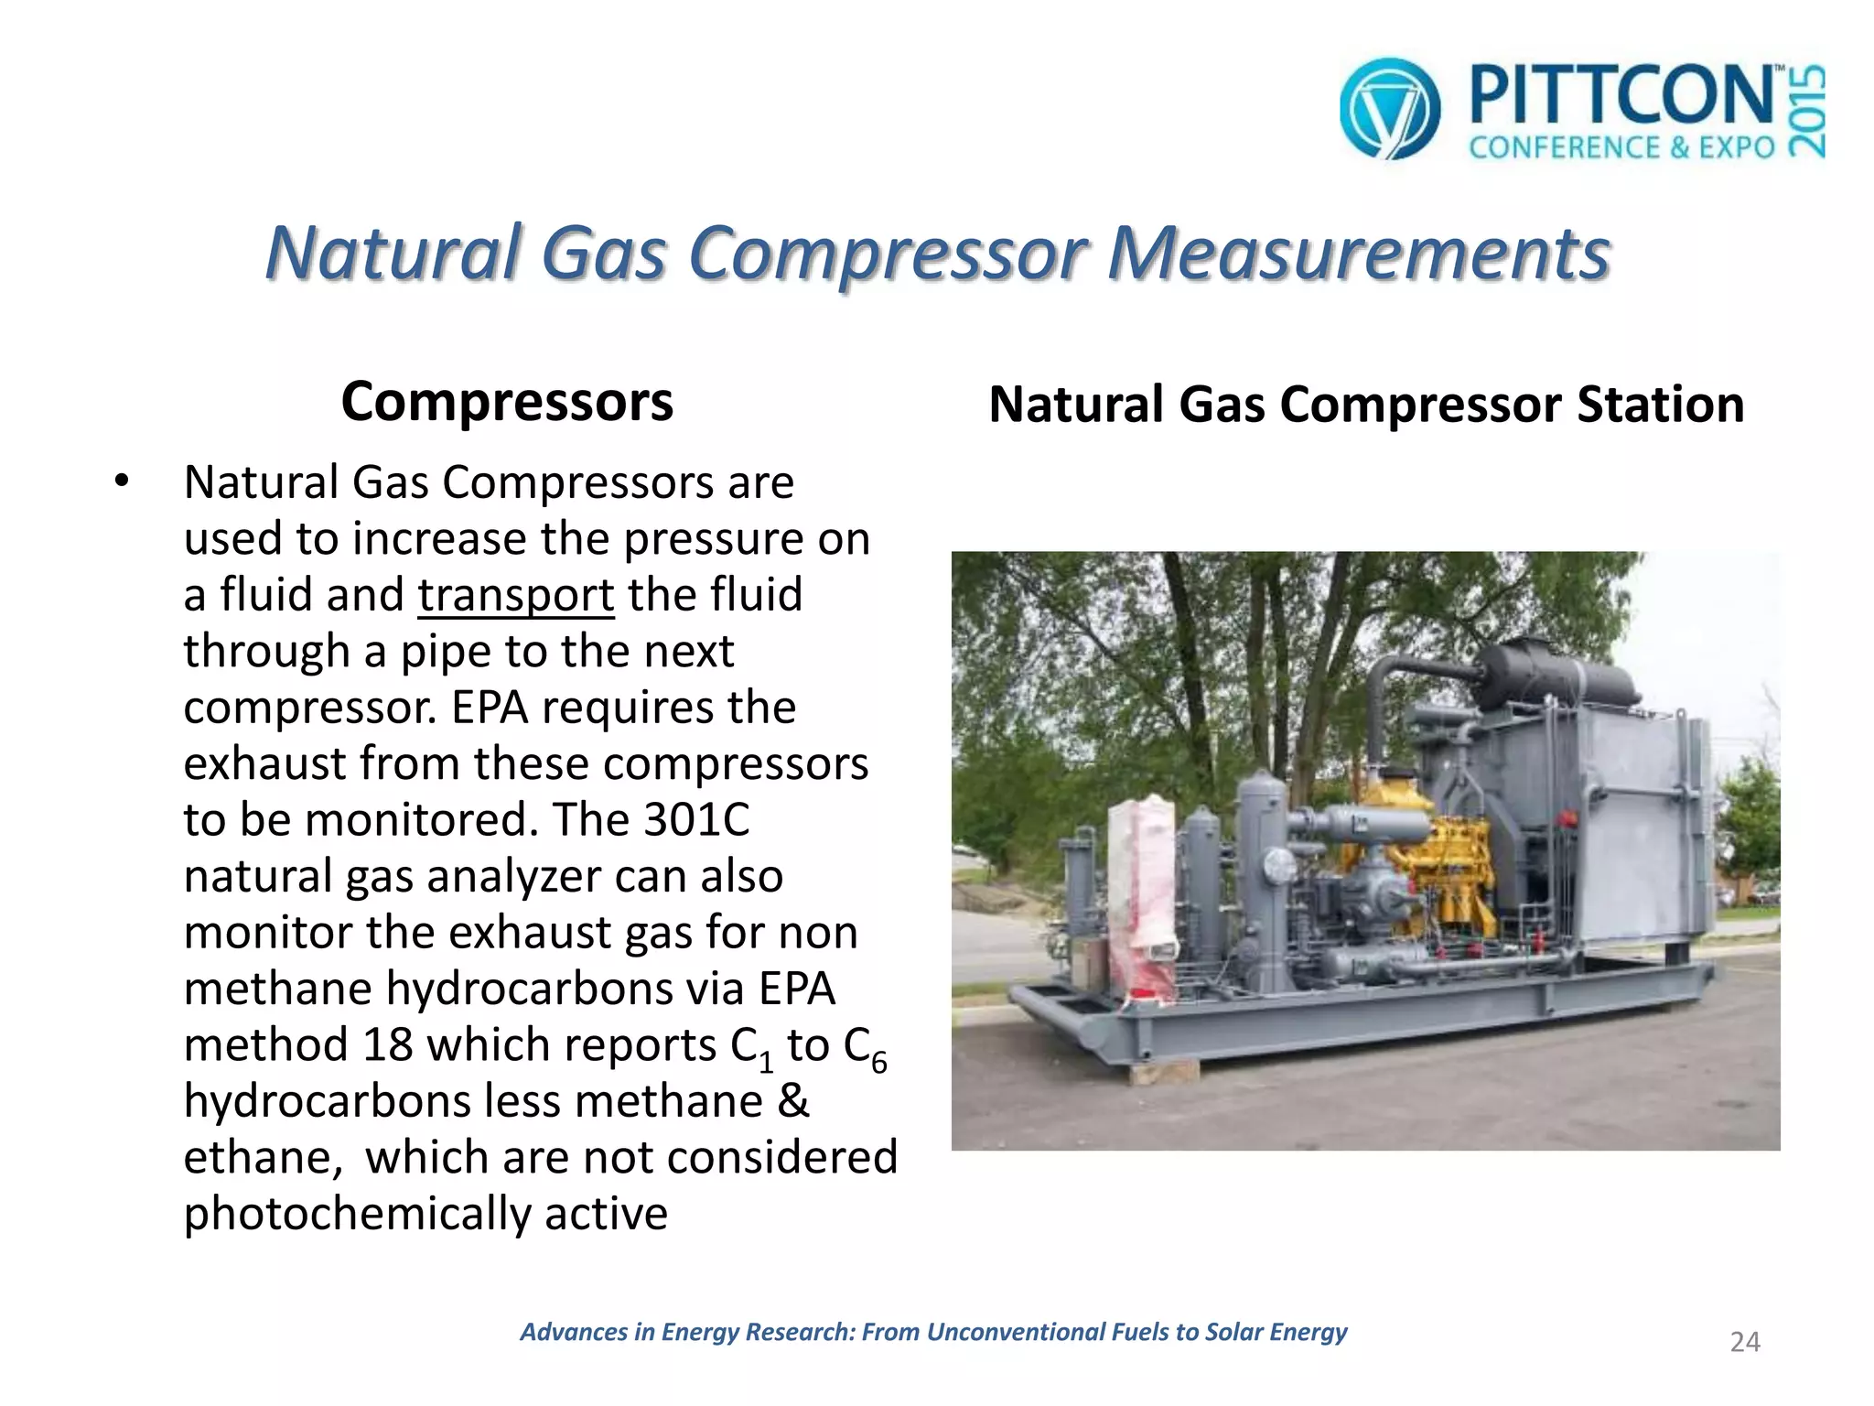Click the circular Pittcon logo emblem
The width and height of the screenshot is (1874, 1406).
1389,108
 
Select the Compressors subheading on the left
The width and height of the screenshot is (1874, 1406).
507,402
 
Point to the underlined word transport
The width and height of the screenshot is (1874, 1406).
516,595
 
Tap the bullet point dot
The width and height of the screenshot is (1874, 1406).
122,481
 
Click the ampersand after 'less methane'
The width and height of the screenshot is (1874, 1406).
793,1101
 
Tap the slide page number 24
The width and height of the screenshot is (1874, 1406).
1745,1342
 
